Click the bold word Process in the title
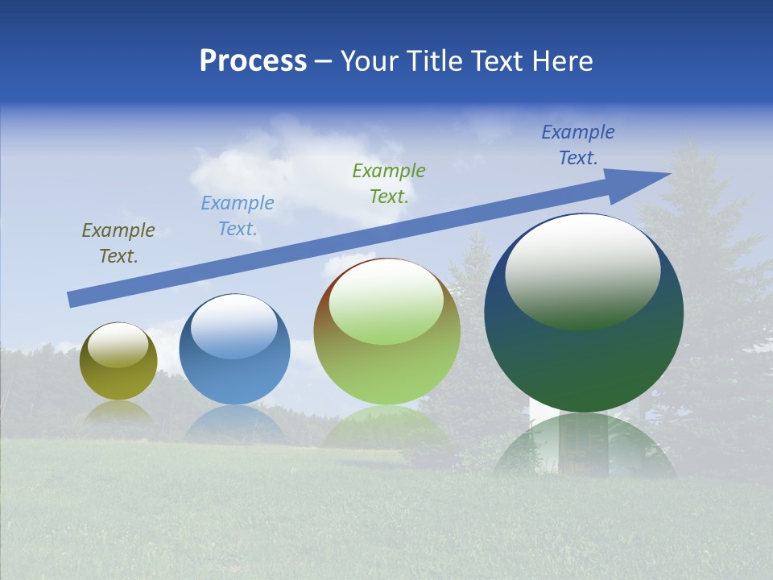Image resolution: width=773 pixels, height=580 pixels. [x=253, y=61]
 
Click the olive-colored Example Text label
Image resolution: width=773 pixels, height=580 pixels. [x=118, y=243]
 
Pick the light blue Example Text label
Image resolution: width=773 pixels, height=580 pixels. [x=238, y=216]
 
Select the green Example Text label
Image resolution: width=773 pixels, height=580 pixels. [x=389, y=183]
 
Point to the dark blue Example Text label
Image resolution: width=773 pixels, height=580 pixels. [x=578, y=145]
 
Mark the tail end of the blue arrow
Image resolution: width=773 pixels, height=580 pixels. [x=71, y=300]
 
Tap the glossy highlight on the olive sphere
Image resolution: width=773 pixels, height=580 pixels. [x=118, y=345]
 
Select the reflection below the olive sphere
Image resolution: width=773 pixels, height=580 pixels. [x=118, y=412]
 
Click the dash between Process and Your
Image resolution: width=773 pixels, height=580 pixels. [x=323, y=61]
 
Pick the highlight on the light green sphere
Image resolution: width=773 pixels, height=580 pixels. [x=386, y=300]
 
